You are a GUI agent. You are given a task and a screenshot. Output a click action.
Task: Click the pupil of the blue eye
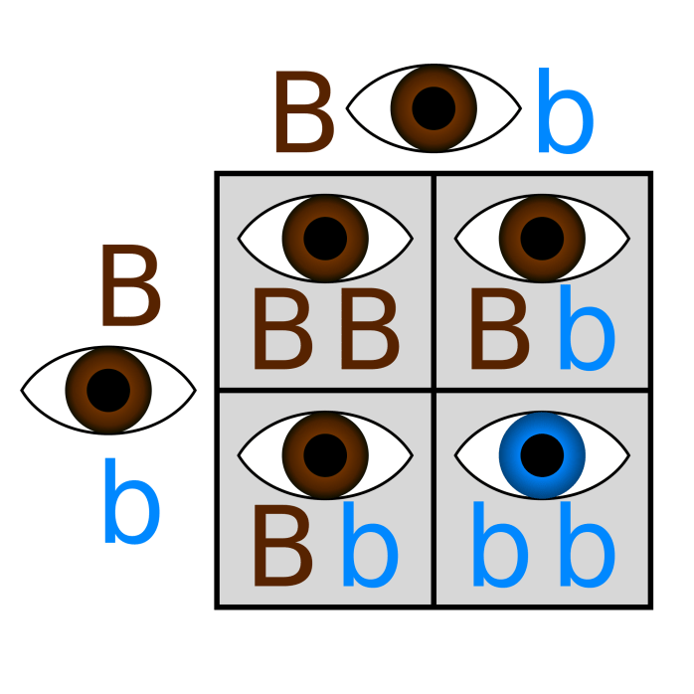(541, 456)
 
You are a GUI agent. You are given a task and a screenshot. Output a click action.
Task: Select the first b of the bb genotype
(499, 546)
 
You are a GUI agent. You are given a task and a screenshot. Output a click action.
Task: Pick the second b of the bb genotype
(586, 546)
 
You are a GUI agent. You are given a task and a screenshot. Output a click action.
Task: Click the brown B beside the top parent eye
(303, 111)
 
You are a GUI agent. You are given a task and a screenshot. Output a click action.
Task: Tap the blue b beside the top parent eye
(565, 111)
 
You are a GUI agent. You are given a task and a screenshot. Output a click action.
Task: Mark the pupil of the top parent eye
(434, 108)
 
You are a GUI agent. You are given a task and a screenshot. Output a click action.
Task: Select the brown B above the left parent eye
(130, 290)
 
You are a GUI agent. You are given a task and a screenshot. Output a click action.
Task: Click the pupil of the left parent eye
(108, 390)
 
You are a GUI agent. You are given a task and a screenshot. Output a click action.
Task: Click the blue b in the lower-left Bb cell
(369, 546)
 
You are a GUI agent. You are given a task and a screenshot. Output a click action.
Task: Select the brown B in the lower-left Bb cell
(282, 546)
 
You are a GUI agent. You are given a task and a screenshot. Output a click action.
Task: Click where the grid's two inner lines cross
(434, 390)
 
